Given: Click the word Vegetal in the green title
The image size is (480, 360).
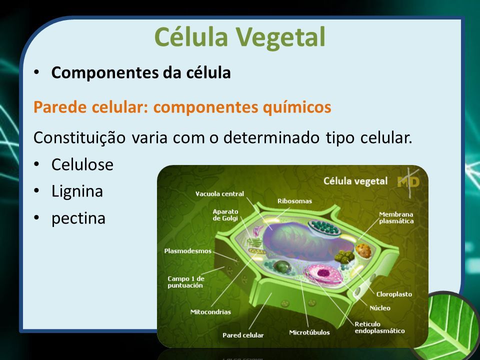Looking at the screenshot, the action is point(280,37).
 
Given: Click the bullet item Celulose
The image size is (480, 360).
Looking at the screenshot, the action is point(82,164).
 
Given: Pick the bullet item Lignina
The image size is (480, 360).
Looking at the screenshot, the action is point(77,192).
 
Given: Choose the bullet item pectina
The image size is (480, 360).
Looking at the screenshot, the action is point(78,218).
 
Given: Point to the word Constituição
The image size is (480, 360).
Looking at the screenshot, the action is point(79,138).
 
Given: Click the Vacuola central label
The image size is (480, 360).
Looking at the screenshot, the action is point(220,194).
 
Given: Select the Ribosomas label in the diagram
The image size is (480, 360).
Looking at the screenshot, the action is point(295,201).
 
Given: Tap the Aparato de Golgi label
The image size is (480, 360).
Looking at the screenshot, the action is point(225,215).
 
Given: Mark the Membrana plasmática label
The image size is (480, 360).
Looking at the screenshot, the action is point(396,217).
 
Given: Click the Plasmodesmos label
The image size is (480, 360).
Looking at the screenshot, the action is point(188,251).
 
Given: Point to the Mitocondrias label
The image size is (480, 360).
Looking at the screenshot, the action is point(210,312).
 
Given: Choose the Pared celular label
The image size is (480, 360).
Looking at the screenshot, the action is point(243,335).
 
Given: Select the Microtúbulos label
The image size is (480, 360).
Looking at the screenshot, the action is point(309,332).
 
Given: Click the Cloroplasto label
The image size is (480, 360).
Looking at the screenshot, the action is point(394,294).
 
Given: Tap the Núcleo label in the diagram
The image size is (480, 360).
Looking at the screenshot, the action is point(380,308).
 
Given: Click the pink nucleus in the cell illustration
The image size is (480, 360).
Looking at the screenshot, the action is point(323,273).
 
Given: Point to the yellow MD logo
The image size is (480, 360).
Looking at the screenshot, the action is point(408,182).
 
